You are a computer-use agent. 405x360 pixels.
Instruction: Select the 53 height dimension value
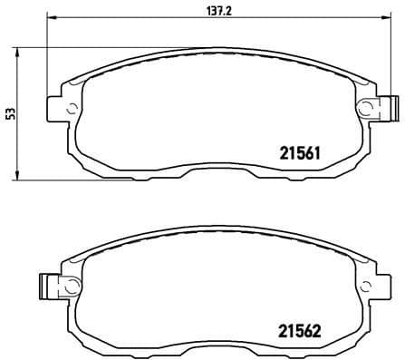coord(10,112)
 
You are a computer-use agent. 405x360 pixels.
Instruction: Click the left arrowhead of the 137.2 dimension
coord(51,17)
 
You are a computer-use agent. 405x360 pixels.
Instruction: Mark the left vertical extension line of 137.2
coord(46,54)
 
